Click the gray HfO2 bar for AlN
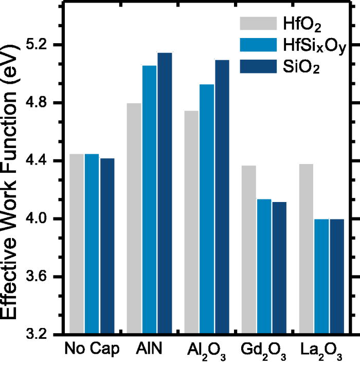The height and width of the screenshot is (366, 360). [134, 218]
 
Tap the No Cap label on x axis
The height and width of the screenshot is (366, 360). [92, 349]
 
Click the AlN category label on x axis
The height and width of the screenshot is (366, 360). [149, 349]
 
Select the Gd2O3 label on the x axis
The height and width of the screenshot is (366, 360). [264, 350]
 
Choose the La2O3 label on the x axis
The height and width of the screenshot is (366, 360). [321, 350]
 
